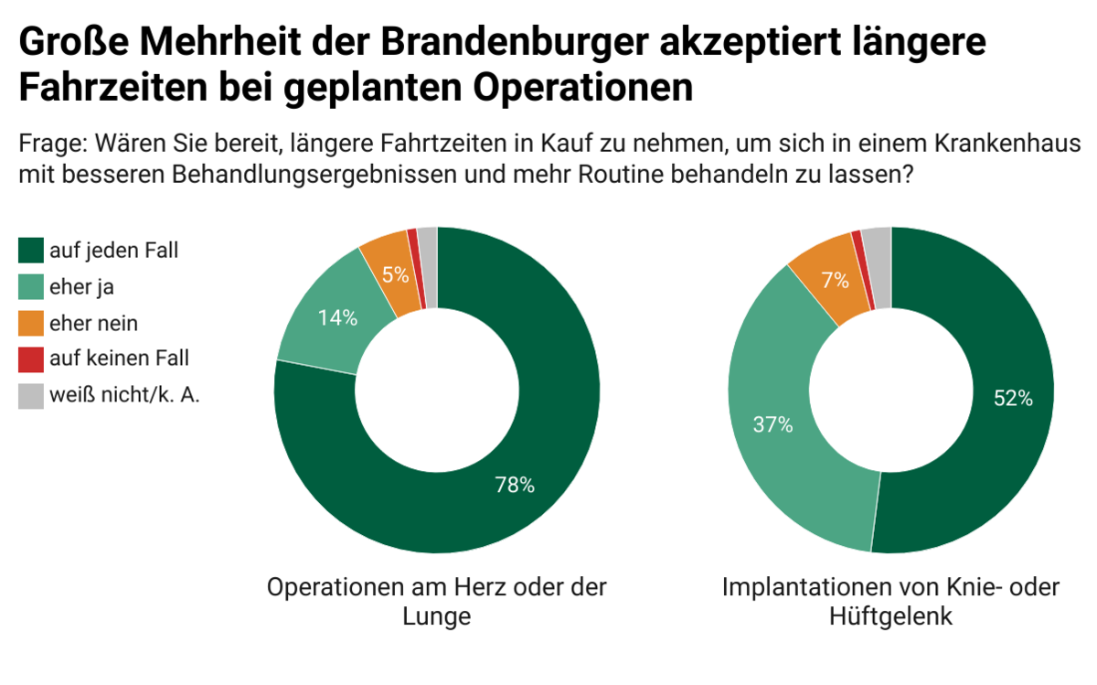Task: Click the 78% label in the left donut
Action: click(514, 486)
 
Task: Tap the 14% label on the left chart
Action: click(337, 318)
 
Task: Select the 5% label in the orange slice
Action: click(395, 273)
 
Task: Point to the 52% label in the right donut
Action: click(1013, 398)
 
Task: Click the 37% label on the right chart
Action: click(773, 424)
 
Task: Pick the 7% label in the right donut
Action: click(834, 281)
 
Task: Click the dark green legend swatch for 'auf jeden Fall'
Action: click(30, 250)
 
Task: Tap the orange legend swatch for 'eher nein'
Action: click(30, 323)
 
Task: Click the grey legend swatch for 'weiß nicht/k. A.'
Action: click(30, 395)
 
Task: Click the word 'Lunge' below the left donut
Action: click(436, 616)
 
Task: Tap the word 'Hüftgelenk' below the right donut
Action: click(890, 616)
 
